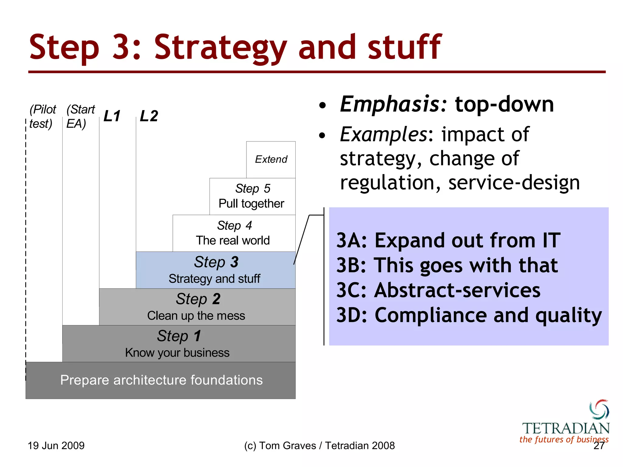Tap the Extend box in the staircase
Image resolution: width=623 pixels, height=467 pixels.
[271, 159]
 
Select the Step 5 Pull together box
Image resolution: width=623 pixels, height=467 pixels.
[252, 196]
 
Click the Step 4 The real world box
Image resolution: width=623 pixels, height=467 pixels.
[234, 233]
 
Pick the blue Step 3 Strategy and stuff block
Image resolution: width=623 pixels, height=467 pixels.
[215, 270]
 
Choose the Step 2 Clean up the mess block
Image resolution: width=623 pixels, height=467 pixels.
[197, 307]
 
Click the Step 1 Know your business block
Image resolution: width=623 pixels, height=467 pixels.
[179, 344]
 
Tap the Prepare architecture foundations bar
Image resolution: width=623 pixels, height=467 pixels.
[161, 380]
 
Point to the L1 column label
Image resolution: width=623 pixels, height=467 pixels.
[112, 116]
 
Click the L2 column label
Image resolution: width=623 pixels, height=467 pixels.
[149, 116]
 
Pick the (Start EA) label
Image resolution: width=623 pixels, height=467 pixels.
[80, 116]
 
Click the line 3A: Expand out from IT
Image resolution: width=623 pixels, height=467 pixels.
[448, 240]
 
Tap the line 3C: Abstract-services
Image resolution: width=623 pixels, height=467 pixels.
[438, 290]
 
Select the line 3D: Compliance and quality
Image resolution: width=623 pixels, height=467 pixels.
[469, 315]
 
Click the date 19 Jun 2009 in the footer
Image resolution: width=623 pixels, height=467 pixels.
[56, 446]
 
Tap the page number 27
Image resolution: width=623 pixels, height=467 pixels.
[599, 446]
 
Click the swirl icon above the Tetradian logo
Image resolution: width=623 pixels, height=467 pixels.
[599, 409]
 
